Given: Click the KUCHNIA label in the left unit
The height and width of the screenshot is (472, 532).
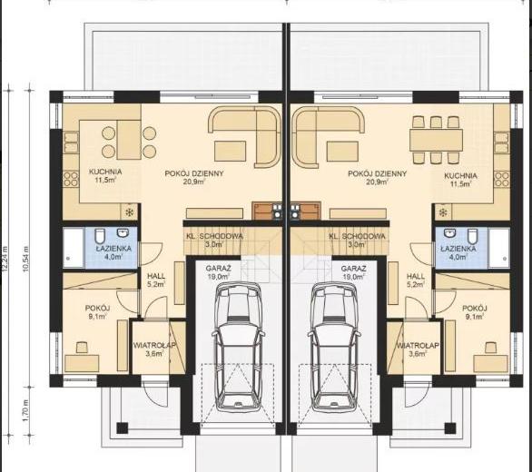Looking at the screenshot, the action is click(105, 172).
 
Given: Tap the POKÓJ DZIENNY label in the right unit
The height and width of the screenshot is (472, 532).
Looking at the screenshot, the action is click(378, 173).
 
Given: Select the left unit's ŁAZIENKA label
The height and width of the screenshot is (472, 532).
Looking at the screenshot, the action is click(113, 249).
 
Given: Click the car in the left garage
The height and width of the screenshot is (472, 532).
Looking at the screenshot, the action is click(239, 347).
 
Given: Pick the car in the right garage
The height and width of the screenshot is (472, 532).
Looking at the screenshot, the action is click(334, 347).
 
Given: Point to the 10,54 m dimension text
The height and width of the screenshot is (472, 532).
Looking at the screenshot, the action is click(26, 259).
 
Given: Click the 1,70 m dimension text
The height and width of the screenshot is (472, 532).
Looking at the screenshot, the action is click(26, 410).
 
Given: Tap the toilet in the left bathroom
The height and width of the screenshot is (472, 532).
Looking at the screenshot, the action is click(100, 235).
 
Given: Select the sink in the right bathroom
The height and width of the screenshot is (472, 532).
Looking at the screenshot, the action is click(450, 232).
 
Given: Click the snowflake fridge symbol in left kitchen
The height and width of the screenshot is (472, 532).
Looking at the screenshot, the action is click(129, 212).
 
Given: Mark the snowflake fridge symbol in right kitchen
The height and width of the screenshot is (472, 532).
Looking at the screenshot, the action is click(443, 212).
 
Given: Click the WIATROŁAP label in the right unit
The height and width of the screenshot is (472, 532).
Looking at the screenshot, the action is click(418, 346).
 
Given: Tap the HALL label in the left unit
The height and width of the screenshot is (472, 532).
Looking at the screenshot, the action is click(156, 276).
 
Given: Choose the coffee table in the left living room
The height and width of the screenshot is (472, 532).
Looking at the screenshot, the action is click(231, 151).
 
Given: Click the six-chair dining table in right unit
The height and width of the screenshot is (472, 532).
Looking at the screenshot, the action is click(436, 140).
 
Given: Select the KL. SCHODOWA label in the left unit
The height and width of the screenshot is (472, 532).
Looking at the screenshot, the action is click(214, 236).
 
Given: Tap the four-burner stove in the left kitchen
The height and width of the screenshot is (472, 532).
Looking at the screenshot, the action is click(71, 179).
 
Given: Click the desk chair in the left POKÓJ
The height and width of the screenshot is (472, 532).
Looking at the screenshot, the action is click(82, 348).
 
